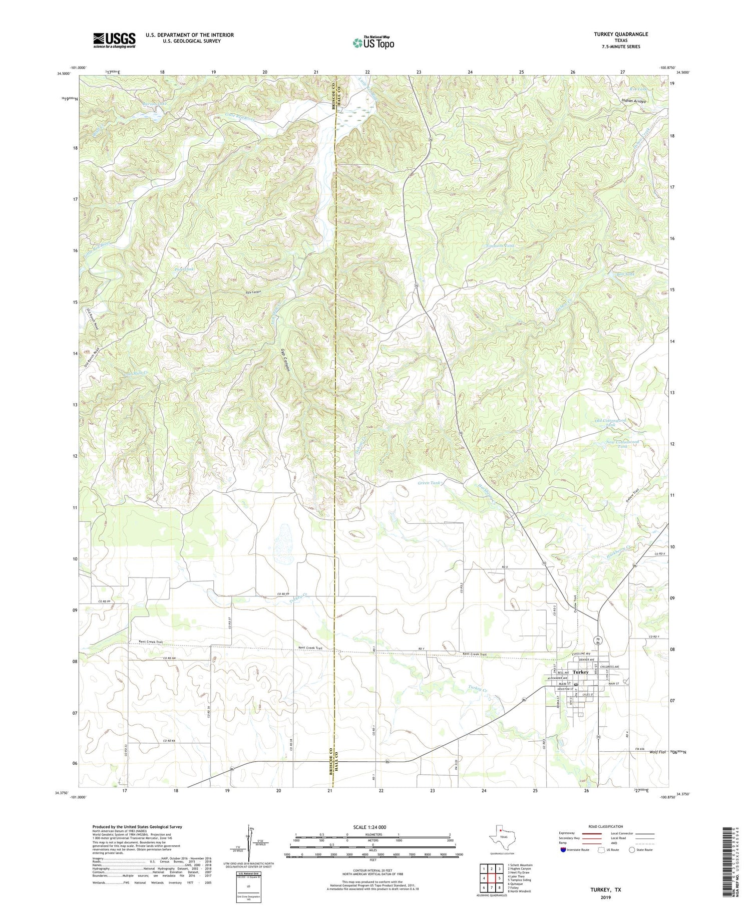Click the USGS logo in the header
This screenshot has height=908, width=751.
pos(114,40)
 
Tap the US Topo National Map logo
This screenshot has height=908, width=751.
pos(373,43)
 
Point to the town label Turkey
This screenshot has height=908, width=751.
pos(581,672)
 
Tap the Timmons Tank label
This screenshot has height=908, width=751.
pos(500,246)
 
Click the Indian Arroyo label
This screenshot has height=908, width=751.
pos(633,101)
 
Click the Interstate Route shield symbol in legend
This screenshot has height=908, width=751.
pos(564,850)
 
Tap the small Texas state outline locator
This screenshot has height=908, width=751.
pos(501,834)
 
